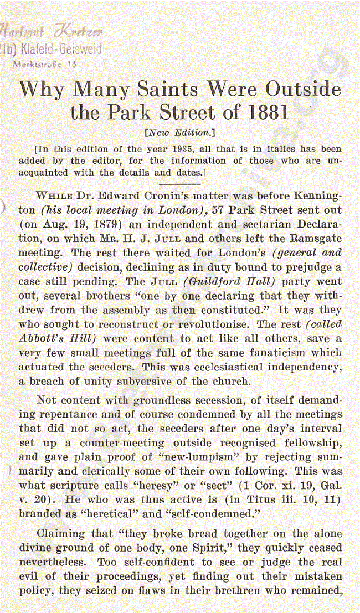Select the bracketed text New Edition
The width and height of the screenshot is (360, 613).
coord(179,133)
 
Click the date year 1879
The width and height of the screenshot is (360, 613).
coord(104,224)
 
